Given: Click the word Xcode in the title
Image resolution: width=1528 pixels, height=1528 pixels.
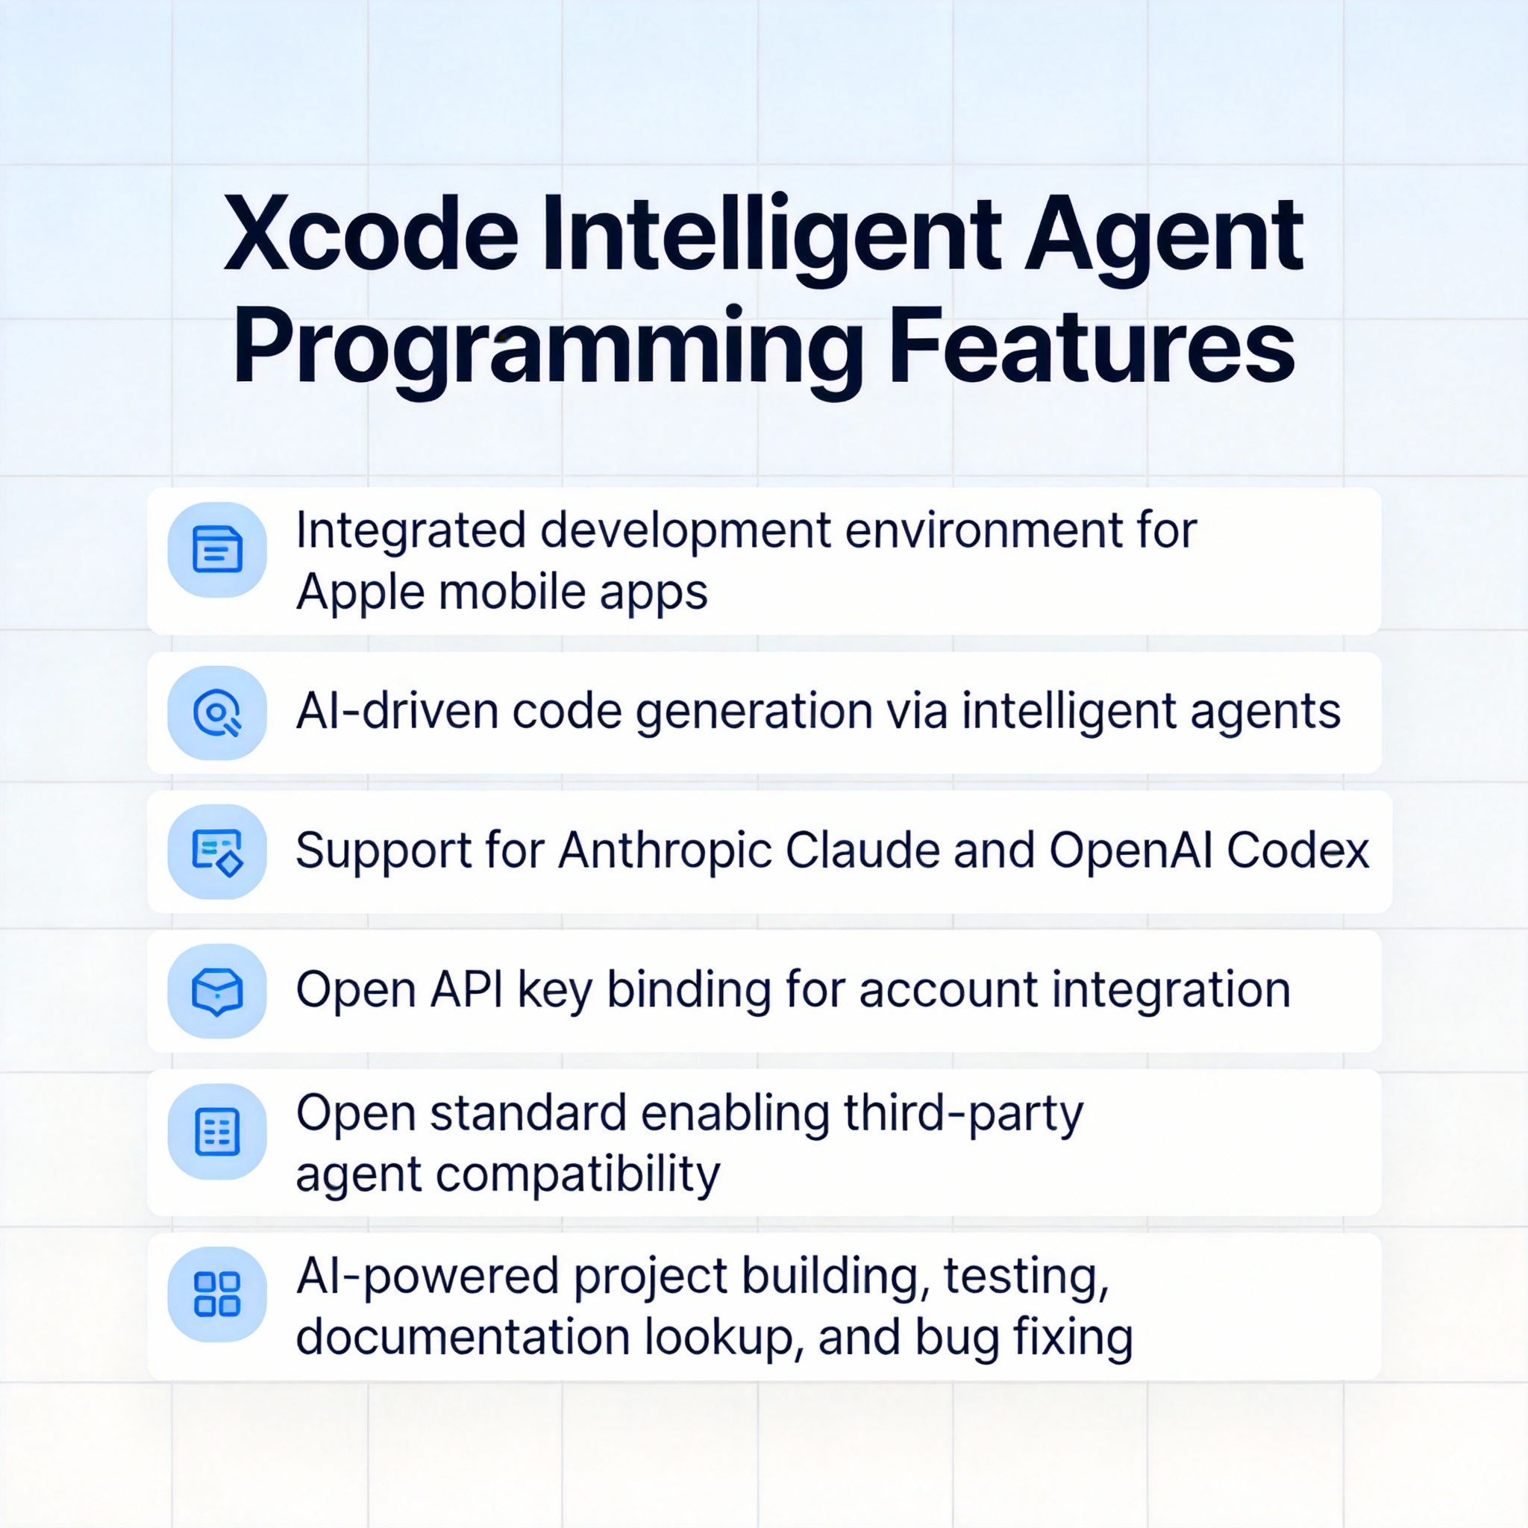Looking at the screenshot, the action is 371,235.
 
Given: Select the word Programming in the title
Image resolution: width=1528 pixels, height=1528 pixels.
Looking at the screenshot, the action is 548,355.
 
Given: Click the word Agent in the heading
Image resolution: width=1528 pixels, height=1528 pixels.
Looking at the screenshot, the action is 1163,242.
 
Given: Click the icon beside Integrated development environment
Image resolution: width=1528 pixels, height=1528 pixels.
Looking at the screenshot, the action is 216,550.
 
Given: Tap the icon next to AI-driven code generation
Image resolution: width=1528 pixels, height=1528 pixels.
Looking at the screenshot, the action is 216,713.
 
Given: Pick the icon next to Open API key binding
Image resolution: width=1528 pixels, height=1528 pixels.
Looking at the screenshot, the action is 216,992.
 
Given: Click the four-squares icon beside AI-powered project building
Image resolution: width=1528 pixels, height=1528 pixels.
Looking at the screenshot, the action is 216,1295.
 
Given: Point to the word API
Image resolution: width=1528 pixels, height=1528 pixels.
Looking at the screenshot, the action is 467,991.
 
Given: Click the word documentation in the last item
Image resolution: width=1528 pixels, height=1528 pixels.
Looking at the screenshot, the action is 463,1338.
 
